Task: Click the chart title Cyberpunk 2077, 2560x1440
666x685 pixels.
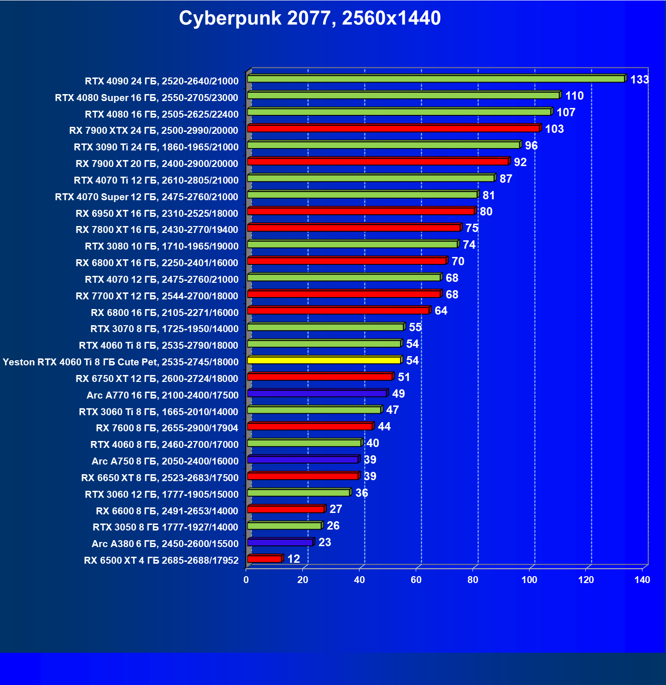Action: click(310, 18)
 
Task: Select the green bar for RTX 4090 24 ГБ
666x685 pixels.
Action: click(436, 79)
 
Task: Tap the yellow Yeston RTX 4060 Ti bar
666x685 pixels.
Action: click(324, 360)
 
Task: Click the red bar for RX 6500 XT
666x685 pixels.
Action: click(265, 559)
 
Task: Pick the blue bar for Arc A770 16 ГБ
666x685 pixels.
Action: click(317, 393)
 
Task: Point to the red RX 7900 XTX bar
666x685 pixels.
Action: click(393, 128)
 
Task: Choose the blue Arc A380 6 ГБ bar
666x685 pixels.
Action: click(280, 542)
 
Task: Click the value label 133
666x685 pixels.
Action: click(639, 80)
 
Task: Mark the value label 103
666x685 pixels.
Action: click(554, 129)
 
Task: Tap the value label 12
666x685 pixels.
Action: click(294, 559)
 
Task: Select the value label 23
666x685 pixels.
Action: click(324, 542)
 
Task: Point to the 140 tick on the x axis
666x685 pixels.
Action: click(642, 580)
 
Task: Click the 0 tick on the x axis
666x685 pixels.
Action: click(246, 580)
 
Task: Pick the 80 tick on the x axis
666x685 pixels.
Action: click(473, 580)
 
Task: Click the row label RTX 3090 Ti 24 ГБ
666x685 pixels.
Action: click(156, 147)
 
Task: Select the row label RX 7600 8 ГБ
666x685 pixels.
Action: click(167, 428)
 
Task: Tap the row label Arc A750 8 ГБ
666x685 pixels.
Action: click(165, 461)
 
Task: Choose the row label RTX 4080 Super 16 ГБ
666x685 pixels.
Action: click(147, 98)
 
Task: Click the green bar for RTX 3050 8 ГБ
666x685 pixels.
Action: click(284, 526)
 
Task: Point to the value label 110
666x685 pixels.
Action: click(574, 96)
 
